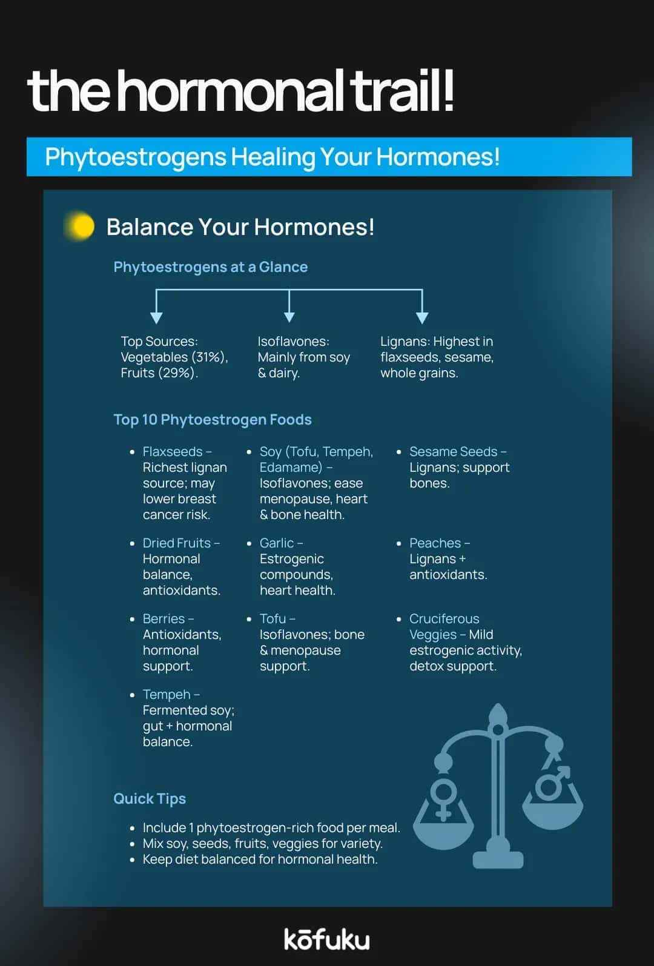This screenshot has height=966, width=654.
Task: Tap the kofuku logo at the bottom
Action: click(x=326, y=939)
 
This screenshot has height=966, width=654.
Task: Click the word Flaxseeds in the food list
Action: click(x=173, y=452)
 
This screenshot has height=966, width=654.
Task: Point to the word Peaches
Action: click(x=435, y=543)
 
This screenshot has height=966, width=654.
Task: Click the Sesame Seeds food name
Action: click(x=453, y=452)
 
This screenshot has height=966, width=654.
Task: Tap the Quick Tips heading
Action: click(x=150, y=799)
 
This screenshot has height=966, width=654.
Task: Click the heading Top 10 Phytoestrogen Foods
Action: click(x=213, y=420)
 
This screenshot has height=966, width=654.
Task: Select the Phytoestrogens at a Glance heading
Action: click(x=211, y=267)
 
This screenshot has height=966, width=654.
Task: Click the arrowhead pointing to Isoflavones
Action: click(x=289, y=317)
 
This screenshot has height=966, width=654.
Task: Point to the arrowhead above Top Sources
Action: click(x=156, y=317)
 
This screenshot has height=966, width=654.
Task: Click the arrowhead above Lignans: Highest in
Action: click(x=422, y=317)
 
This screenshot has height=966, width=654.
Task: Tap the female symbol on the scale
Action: click(x=444, y=798)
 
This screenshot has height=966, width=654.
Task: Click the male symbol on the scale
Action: click(x=553, y=782)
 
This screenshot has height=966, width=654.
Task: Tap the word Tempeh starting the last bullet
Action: click(x=167, y=695)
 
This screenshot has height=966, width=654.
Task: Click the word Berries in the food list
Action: click(x=163, y=619)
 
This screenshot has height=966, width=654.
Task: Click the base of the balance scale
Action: click(x=498, y=859)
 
